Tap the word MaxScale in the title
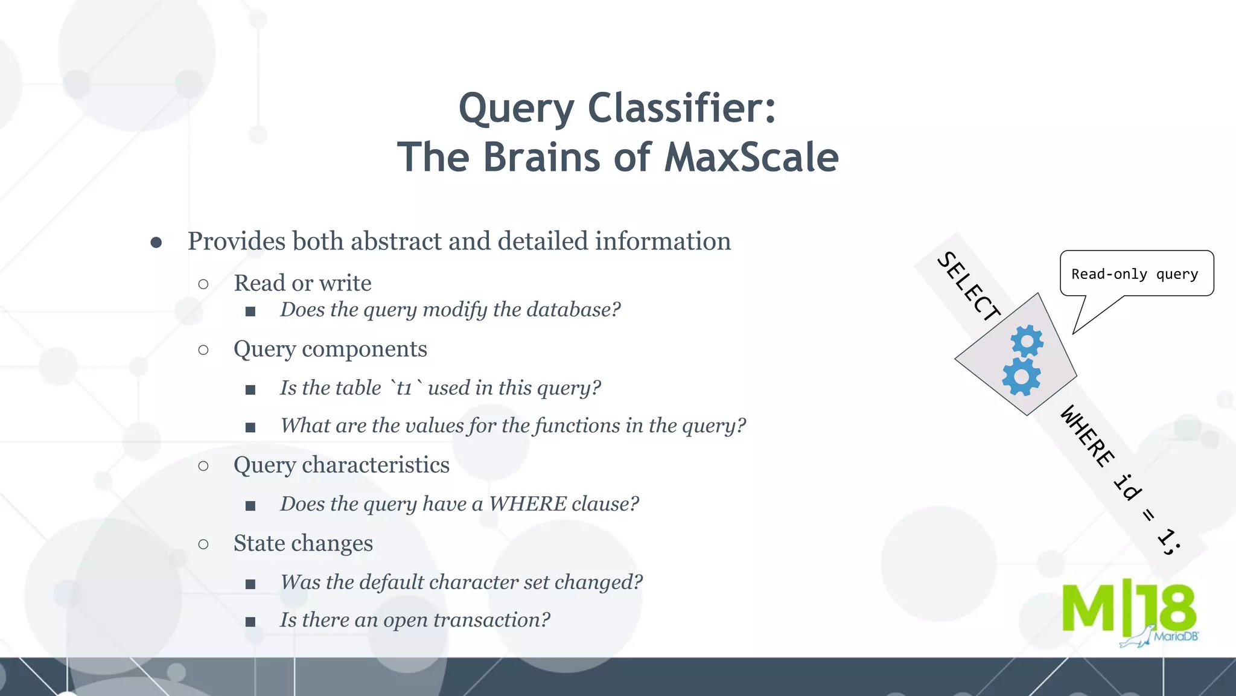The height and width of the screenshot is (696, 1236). point(751,157)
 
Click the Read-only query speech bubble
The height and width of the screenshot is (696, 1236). point(1136,274)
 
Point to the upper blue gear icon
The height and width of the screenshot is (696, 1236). point(1027,341)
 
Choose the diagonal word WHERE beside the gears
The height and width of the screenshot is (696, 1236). point(1087,436)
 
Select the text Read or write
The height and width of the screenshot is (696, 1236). point(302,283)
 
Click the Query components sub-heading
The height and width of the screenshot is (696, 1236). point(330,349)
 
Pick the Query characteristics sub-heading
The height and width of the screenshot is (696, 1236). point(342,465)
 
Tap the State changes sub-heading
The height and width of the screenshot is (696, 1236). point(303,543)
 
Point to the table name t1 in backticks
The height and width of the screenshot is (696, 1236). point(404,388)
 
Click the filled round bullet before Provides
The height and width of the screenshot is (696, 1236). point(156,243)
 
